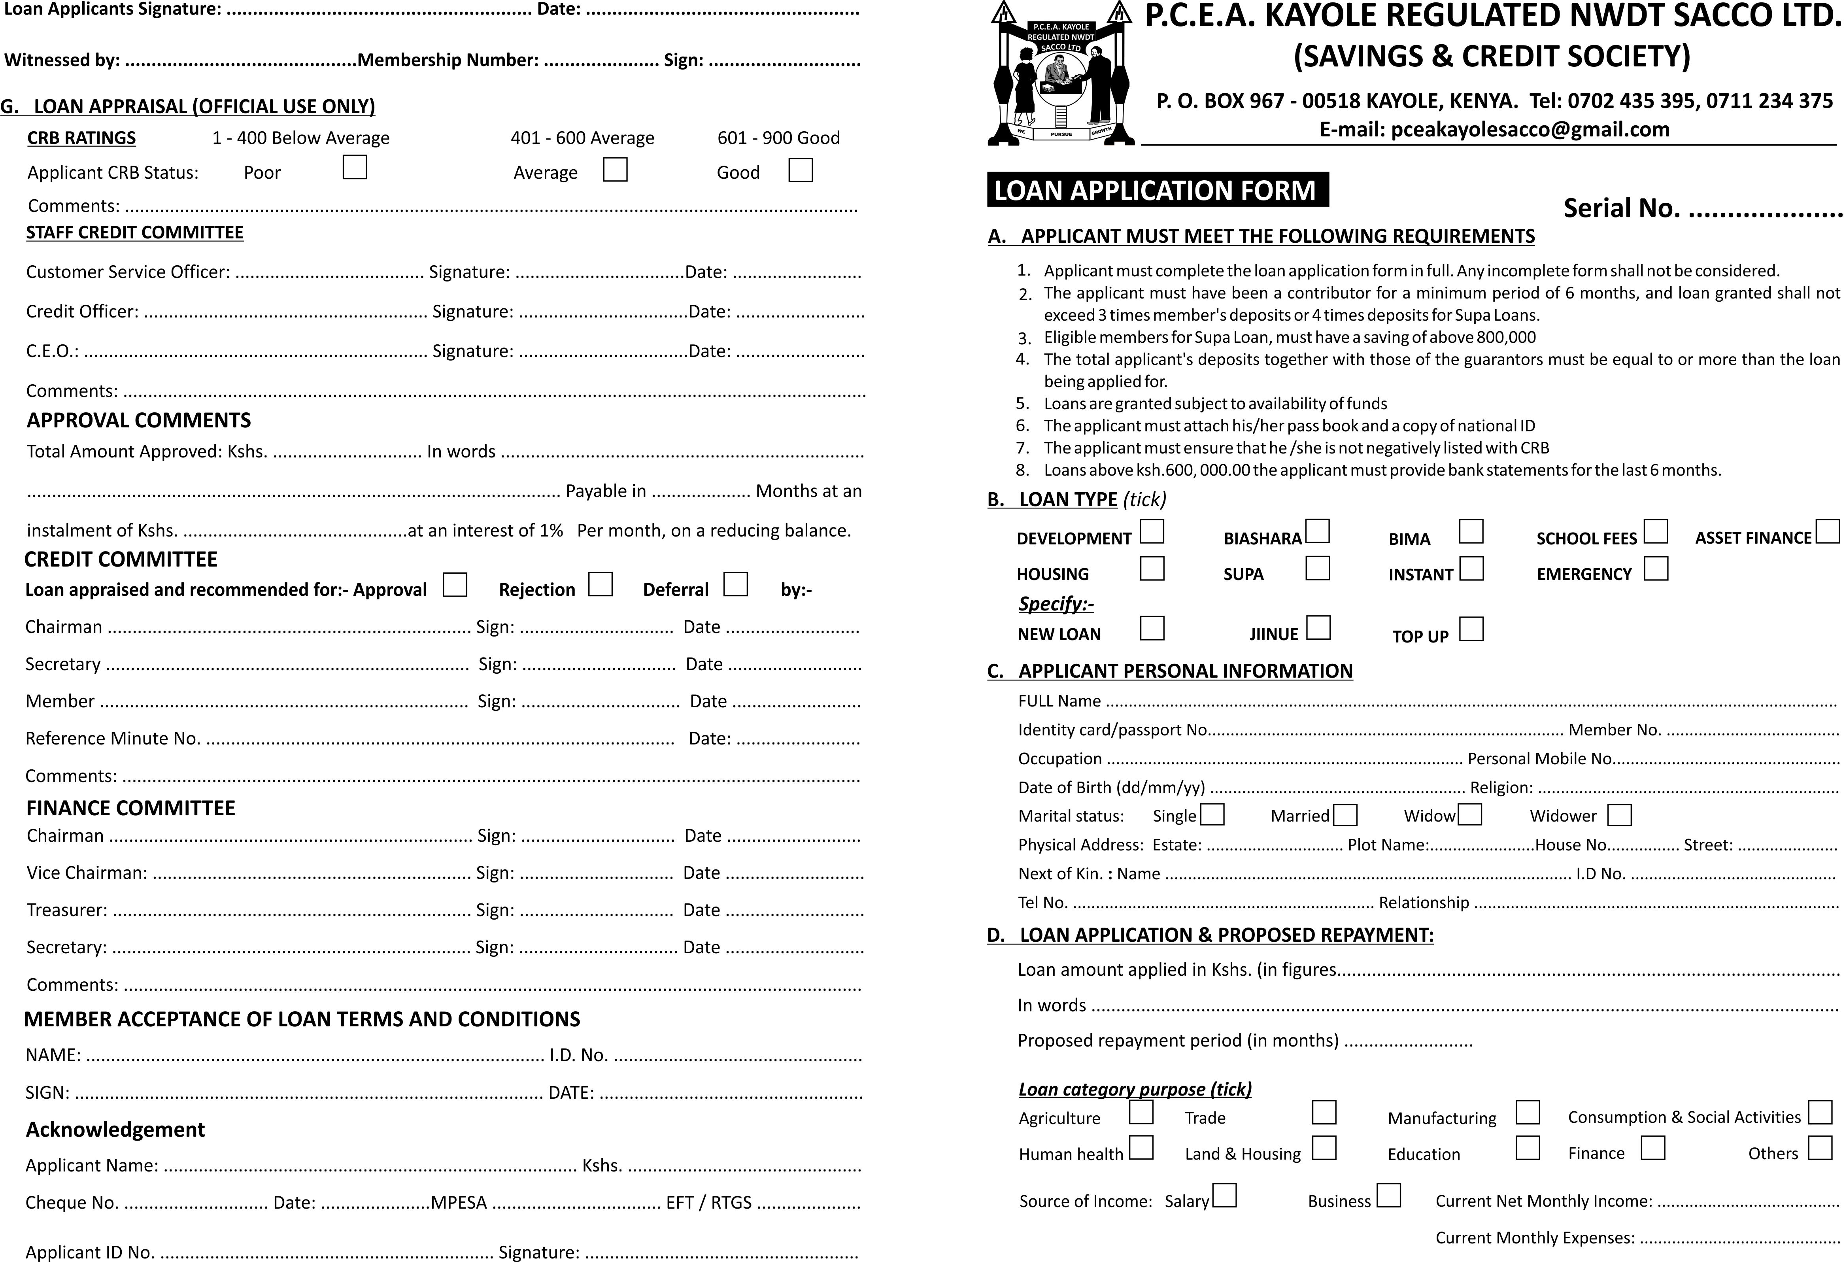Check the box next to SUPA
(x=1317, y=568)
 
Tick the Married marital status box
(x=1345, y=815)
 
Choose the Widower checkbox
(x=1619, y=815)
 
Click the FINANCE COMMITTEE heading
(x=131, y=808)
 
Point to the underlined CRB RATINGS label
(x=82, y=138)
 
